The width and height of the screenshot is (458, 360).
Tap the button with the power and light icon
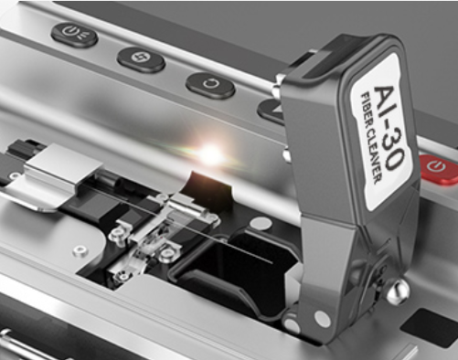pos(74,34)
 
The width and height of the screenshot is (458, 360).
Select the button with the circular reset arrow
pos(210,85)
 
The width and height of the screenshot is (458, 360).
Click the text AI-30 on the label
pos(390,127)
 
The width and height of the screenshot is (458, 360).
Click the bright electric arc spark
pos(210,154)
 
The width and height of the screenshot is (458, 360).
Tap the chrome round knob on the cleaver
pos(398,291)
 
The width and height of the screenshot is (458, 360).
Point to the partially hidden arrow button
pos(271,111)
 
